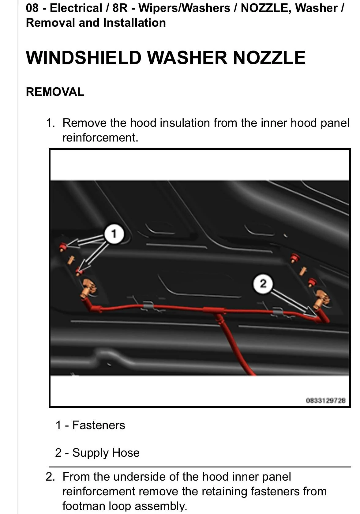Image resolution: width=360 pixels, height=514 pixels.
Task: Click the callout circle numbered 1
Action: [114, 234]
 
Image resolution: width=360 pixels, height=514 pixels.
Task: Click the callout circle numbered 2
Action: [263, 284]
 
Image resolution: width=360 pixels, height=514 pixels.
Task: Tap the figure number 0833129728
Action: [326, 401]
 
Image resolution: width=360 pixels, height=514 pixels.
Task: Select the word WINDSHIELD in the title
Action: [84, 58]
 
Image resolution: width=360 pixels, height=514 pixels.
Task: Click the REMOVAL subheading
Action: [55, 92]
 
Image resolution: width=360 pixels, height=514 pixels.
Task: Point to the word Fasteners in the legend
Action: [99, 425]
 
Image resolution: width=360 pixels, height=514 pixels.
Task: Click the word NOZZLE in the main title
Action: [269, 58]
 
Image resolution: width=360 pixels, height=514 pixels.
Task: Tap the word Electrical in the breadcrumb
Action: [76, 8]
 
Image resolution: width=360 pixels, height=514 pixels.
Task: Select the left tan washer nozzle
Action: [88, 288]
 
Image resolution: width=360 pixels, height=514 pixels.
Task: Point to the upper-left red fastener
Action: [62, 247]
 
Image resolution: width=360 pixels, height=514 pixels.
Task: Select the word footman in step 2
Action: [84, 506]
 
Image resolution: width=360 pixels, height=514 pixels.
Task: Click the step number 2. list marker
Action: [50, 477]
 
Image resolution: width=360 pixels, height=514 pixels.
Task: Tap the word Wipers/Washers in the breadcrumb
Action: [184, 8]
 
